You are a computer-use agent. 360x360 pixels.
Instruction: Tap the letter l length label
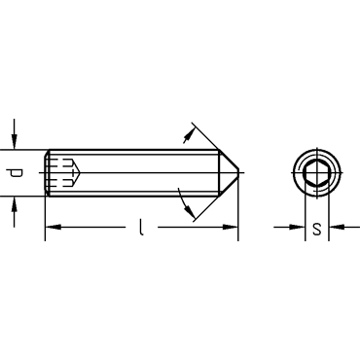(x=140, y=227)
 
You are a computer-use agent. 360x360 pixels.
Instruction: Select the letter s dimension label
(x=317, y=229)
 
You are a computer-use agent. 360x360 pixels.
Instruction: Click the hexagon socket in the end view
(x=316, y=172)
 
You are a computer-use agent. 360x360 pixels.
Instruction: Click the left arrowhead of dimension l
(x=53, y=227)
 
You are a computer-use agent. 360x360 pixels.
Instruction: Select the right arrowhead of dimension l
(x=230, y=227)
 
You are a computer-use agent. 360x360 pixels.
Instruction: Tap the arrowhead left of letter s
(x=297, y=227)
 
